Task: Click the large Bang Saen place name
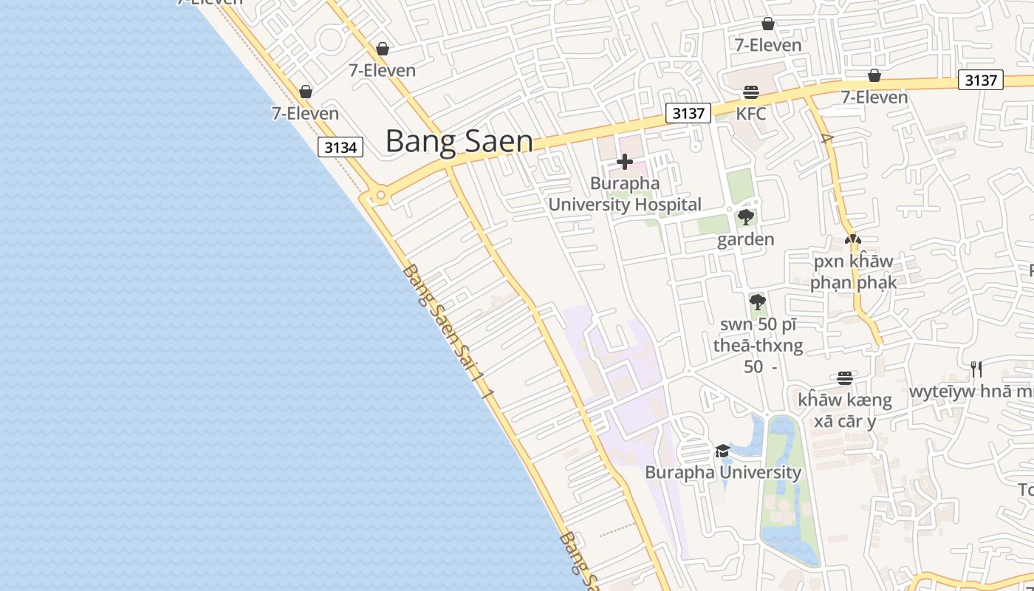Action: (x=459, y=141)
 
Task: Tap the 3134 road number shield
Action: (x=340, y=147)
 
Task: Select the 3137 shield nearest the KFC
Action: (x=688, y=113)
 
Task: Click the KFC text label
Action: (x=751, y=114)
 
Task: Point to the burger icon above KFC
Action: (x=751, y=92)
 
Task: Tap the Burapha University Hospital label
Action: (x=625, y=194)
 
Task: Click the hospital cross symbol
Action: (x=625, y=162)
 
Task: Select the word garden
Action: (x=745, y=239)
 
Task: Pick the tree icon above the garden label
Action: (x=746, y=217)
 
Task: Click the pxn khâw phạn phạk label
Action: (x=853, y=272)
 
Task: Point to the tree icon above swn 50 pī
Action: (x=757, y=302)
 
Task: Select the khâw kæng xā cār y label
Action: (x=845, y=411)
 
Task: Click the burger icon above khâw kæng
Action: (x=845, y=378)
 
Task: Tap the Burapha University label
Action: (x=722, y=472)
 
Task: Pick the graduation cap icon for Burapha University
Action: (x=722, y=451)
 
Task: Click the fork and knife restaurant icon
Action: (x=976, y=369)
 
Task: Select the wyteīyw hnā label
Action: (x=970, y=391)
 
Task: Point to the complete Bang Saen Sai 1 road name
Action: (x=446, y=331)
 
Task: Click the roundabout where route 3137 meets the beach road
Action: (x=380, y=196)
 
